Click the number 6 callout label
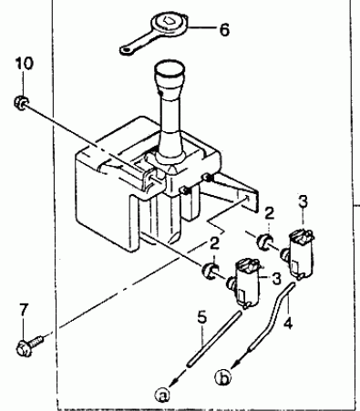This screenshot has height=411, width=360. click(x=224, y=30)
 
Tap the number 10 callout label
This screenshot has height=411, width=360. click(x=25, y=64)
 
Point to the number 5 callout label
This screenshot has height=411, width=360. click(x=201, y=317)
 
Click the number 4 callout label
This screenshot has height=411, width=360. click(x=288, y=323)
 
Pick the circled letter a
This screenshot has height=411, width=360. click(x=162, y=395)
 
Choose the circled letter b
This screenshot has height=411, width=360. click(x=222, y=378)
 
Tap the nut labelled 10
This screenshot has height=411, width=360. click(x=21, y=102)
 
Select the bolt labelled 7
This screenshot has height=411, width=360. click(x=28, y=346)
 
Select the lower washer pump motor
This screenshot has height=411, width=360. click(x=244, y=283)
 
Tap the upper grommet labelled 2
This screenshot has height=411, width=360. click(x=264, y=241)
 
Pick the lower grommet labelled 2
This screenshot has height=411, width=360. click(x=210, y=271)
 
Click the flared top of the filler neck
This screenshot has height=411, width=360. click(x=170, y=76)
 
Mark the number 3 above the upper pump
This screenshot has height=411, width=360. click(x=303, y=202)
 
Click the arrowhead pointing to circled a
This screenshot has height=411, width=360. click(x=177, y=380)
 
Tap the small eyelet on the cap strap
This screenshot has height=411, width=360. click(x=126, y=50)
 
